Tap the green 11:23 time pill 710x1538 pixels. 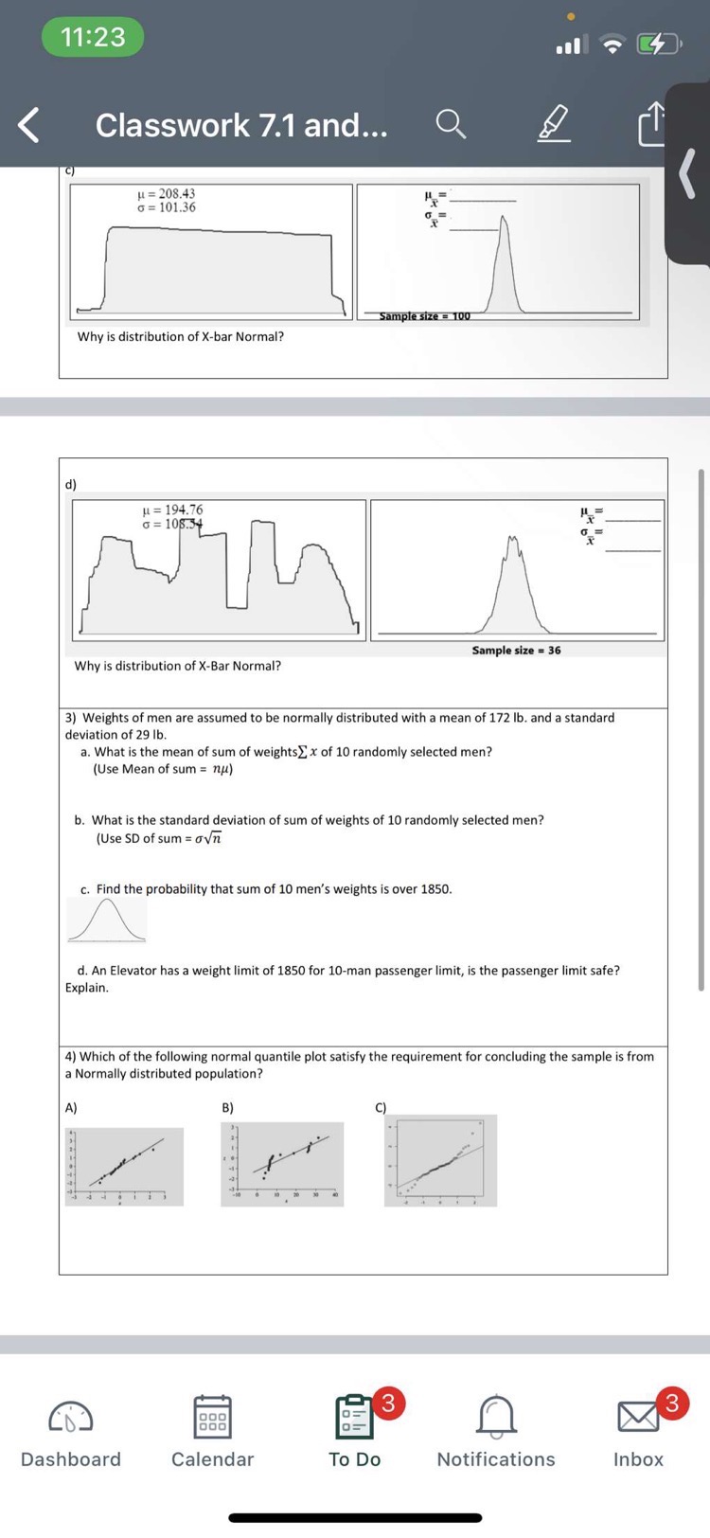click(x=93, y=37)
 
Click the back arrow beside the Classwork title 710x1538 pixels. click(x=29, y=125)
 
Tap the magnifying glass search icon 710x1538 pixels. click(x=451, y=124)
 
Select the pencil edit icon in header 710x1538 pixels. click(x=555, y=124)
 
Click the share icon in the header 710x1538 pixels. click(x=652, y=125)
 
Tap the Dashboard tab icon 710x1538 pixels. click(x=71, y=1417)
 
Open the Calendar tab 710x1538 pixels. click(x=212, y=1417)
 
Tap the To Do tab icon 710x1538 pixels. click(x=355, y=1417)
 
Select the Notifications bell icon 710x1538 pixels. click(x=496, y=1417)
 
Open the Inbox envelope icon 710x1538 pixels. click(x=638, y=1417)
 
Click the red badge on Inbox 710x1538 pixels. click(x=671, y=1402)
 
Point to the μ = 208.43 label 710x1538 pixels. click(x=167, y=193)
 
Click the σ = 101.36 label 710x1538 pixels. click(x=167, y=207)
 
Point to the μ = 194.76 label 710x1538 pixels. click(x=171, y=510)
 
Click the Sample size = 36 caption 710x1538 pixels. click(x=516, y=651)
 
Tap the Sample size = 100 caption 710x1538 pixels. click(x=424, y=316)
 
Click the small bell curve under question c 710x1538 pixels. click(x=107, y=920)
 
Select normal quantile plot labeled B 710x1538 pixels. click(x=282, y=1164)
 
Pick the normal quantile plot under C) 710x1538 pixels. click(x=440, y=1160)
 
